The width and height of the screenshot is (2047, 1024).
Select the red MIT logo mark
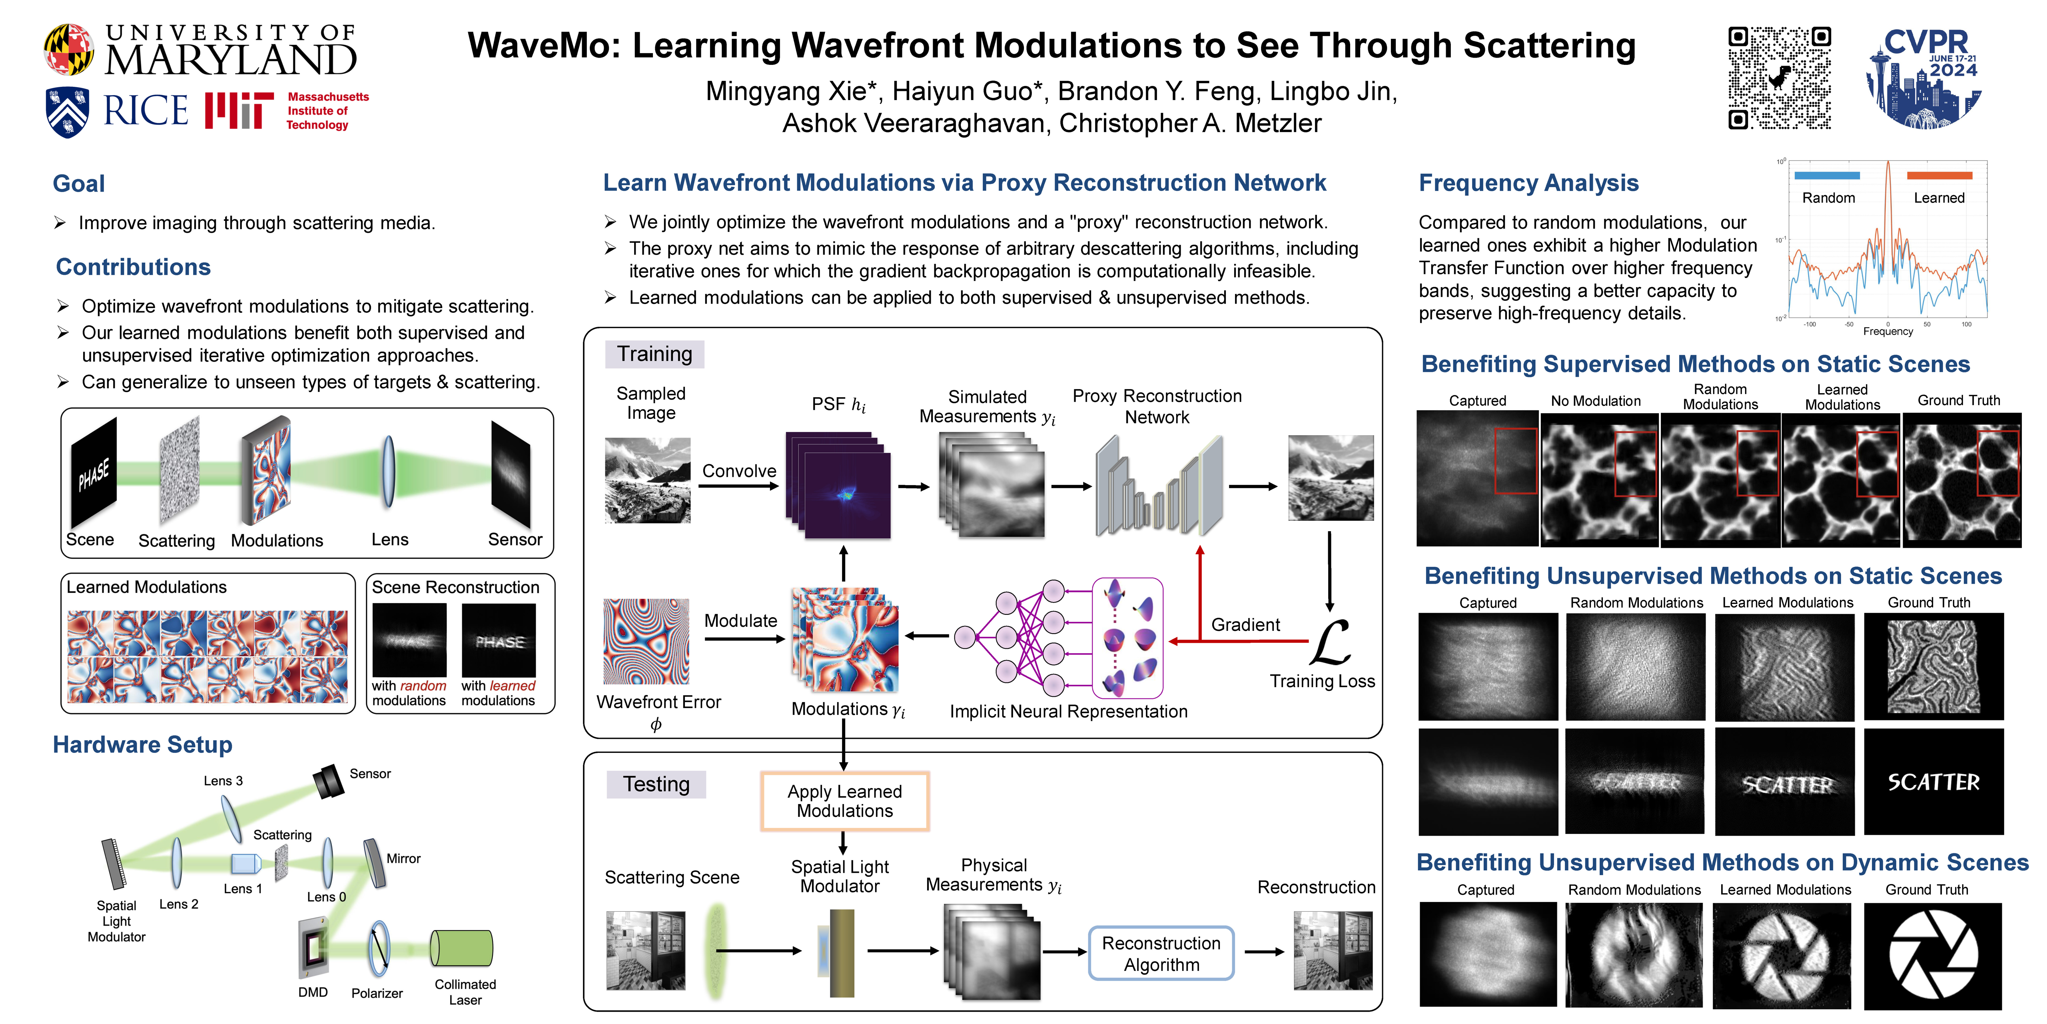click(x=238, y=110)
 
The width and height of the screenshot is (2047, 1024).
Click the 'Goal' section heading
click(x=79, y=184)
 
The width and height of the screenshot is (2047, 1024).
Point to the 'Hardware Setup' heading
click(x=142, y=745)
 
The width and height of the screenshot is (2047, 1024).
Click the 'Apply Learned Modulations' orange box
click(x=845, y=801)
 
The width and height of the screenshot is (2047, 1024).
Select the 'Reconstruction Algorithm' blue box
click(x=1161, y=953)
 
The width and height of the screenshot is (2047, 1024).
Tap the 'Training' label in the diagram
click(x=655, y=354)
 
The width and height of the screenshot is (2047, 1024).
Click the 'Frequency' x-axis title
click(x=1888, y=332)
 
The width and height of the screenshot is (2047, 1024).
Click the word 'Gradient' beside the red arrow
click(x=1245, y=625)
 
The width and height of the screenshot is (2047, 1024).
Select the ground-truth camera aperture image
click(x=1933, y=955)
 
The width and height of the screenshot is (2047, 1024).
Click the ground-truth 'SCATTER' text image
click(x=1933, y=782)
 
